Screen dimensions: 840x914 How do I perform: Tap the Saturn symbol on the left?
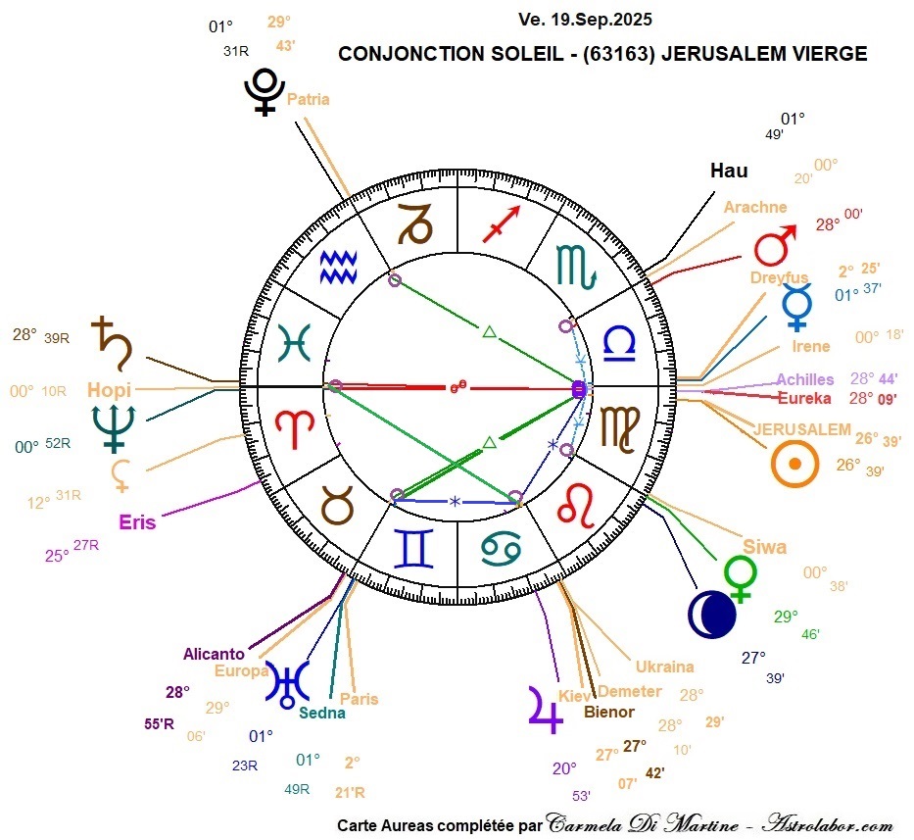108,338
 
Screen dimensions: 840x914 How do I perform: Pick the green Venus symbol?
741,578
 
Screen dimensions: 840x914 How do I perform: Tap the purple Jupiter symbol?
546,707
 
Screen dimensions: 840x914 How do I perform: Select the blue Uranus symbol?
286,683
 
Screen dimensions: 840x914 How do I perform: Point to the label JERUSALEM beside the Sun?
801,429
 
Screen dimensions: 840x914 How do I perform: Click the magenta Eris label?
137,521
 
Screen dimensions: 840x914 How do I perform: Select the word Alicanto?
216,654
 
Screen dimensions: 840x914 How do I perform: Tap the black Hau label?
729,171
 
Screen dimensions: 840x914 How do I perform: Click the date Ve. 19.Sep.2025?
586,20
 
